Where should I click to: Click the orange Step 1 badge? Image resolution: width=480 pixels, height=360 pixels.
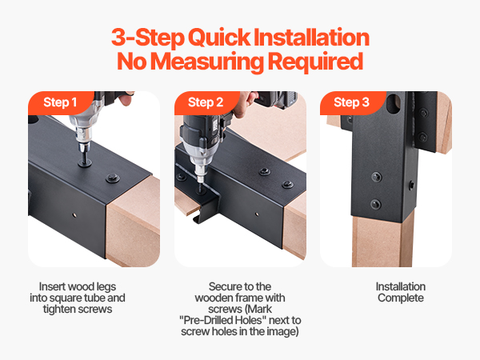[x=60, y=102]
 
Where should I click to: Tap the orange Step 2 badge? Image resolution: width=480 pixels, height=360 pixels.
[x=206, y=102]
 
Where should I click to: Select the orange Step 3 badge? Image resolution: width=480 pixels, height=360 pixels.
[x=351, y=102]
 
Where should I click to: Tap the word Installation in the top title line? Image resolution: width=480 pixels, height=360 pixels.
[x=312, y=37]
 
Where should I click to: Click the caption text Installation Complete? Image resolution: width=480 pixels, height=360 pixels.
[x=401, y=292]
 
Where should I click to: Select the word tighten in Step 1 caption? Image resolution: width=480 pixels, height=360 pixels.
[x=59, y=309]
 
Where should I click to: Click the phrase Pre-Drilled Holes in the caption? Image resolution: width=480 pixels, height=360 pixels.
[x=222, y=320]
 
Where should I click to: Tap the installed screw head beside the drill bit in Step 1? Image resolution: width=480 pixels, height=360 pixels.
[x=112, y=178]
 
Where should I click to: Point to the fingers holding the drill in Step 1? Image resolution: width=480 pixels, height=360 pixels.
[x=126, y=98]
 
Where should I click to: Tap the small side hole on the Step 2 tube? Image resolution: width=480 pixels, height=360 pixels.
[x=257, y=214]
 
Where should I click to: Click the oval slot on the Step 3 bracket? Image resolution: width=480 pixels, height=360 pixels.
[x=394, y=104]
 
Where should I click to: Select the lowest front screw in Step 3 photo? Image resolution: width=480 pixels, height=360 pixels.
[x=375, y=204]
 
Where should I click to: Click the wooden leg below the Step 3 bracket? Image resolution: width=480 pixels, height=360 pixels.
[x=382, y=241]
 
